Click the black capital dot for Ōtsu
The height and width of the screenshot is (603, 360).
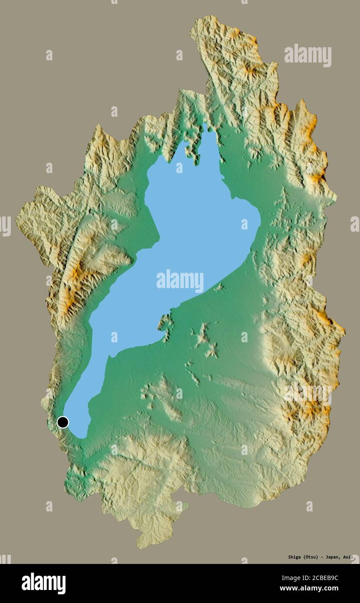[x=63, y=422]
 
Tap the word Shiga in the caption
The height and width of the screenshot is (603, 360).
[x=284, y=557]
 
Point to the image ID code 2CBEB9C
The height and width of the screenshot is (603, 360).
[x=323, y=578]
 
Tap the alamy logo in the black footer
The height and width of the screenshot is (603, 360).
[x=43, y=583]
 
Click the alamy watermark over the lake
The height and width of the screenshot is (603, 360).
[x=180, y=281]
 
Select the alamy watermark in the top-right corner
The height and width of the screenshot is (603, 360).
[x=308, y=55]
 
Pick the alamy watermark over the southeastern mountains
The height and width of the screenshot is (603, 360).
[x=308, y=393]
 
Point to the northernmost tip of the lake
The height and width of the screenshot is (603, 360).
[x=206, y=127]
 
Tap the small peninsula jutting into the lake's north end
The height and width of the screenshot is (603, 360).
[x=191, y=150]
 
